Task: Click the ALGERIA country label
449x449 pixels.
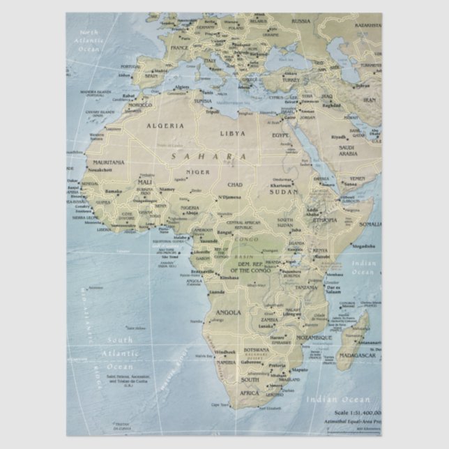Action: (x=165, y=125)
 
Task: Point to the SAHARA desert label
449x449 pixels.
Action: (x=208, y=156)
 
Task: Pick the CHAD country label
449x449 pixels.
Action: (x=234, y=184)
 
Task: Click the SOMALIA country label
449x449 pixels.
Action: (x=370, y=224)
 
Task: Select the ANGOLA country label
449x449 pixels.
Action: (x=229, y=312)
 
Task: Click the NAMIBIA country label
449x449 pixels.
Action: (x=226, y=363)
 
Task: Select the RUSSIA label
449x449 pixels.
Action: (x=300, y=21)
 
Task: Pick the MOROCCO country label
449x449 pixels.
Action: (x=139, y=105)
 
